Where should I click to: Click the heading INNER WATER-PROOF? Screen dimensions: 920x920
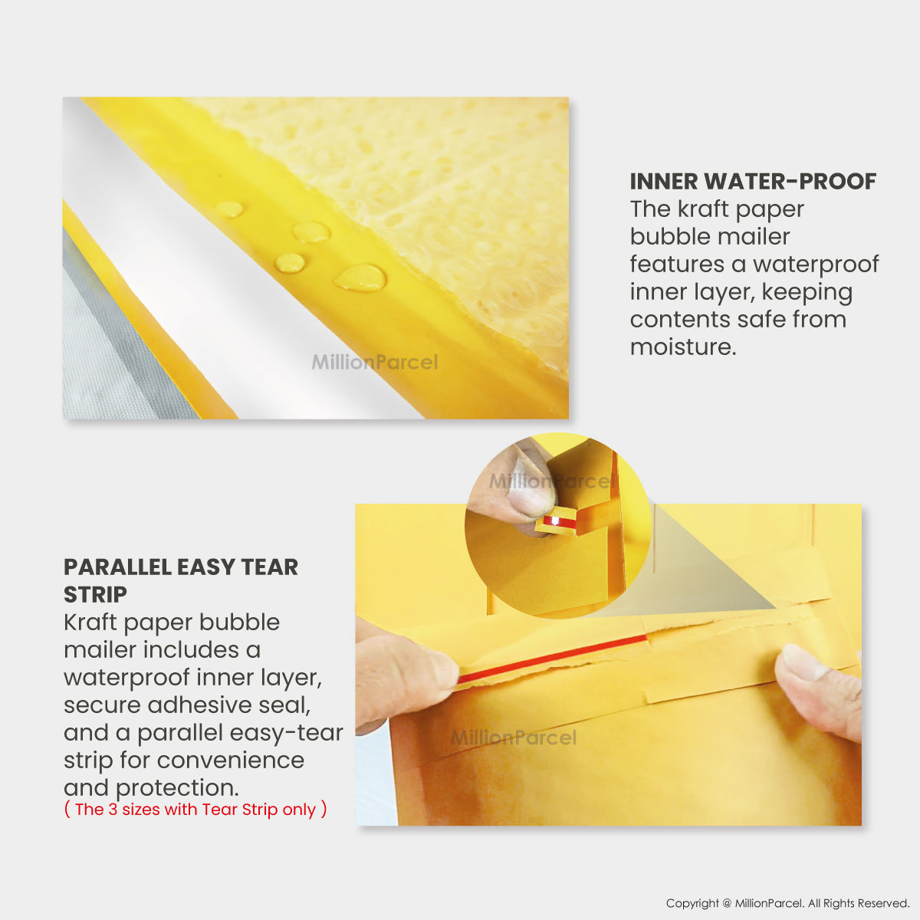(753, 182)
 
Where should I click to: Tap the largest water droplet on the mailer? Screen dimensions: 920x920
(360, 278)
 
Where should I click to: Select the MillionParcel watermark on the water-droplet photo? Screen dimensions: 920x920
(375, 362)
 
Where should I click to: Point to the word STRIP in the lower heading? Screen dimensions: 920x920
(96, 595)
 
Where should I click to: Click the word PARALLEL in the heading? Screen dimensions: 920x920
(117, 567)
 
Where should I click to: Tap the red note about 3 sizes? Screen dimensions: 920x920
(195, 810)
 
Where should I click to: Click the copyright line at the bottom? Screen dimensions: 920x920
(788, 903)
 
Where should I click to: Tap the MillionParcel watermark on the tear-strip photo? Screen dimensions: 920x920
(514, 738)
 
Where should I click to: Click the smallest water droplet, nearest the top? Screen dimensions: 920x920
(230, 209)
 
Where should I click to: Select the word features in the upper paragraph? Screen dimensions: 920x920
(677, 264)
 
